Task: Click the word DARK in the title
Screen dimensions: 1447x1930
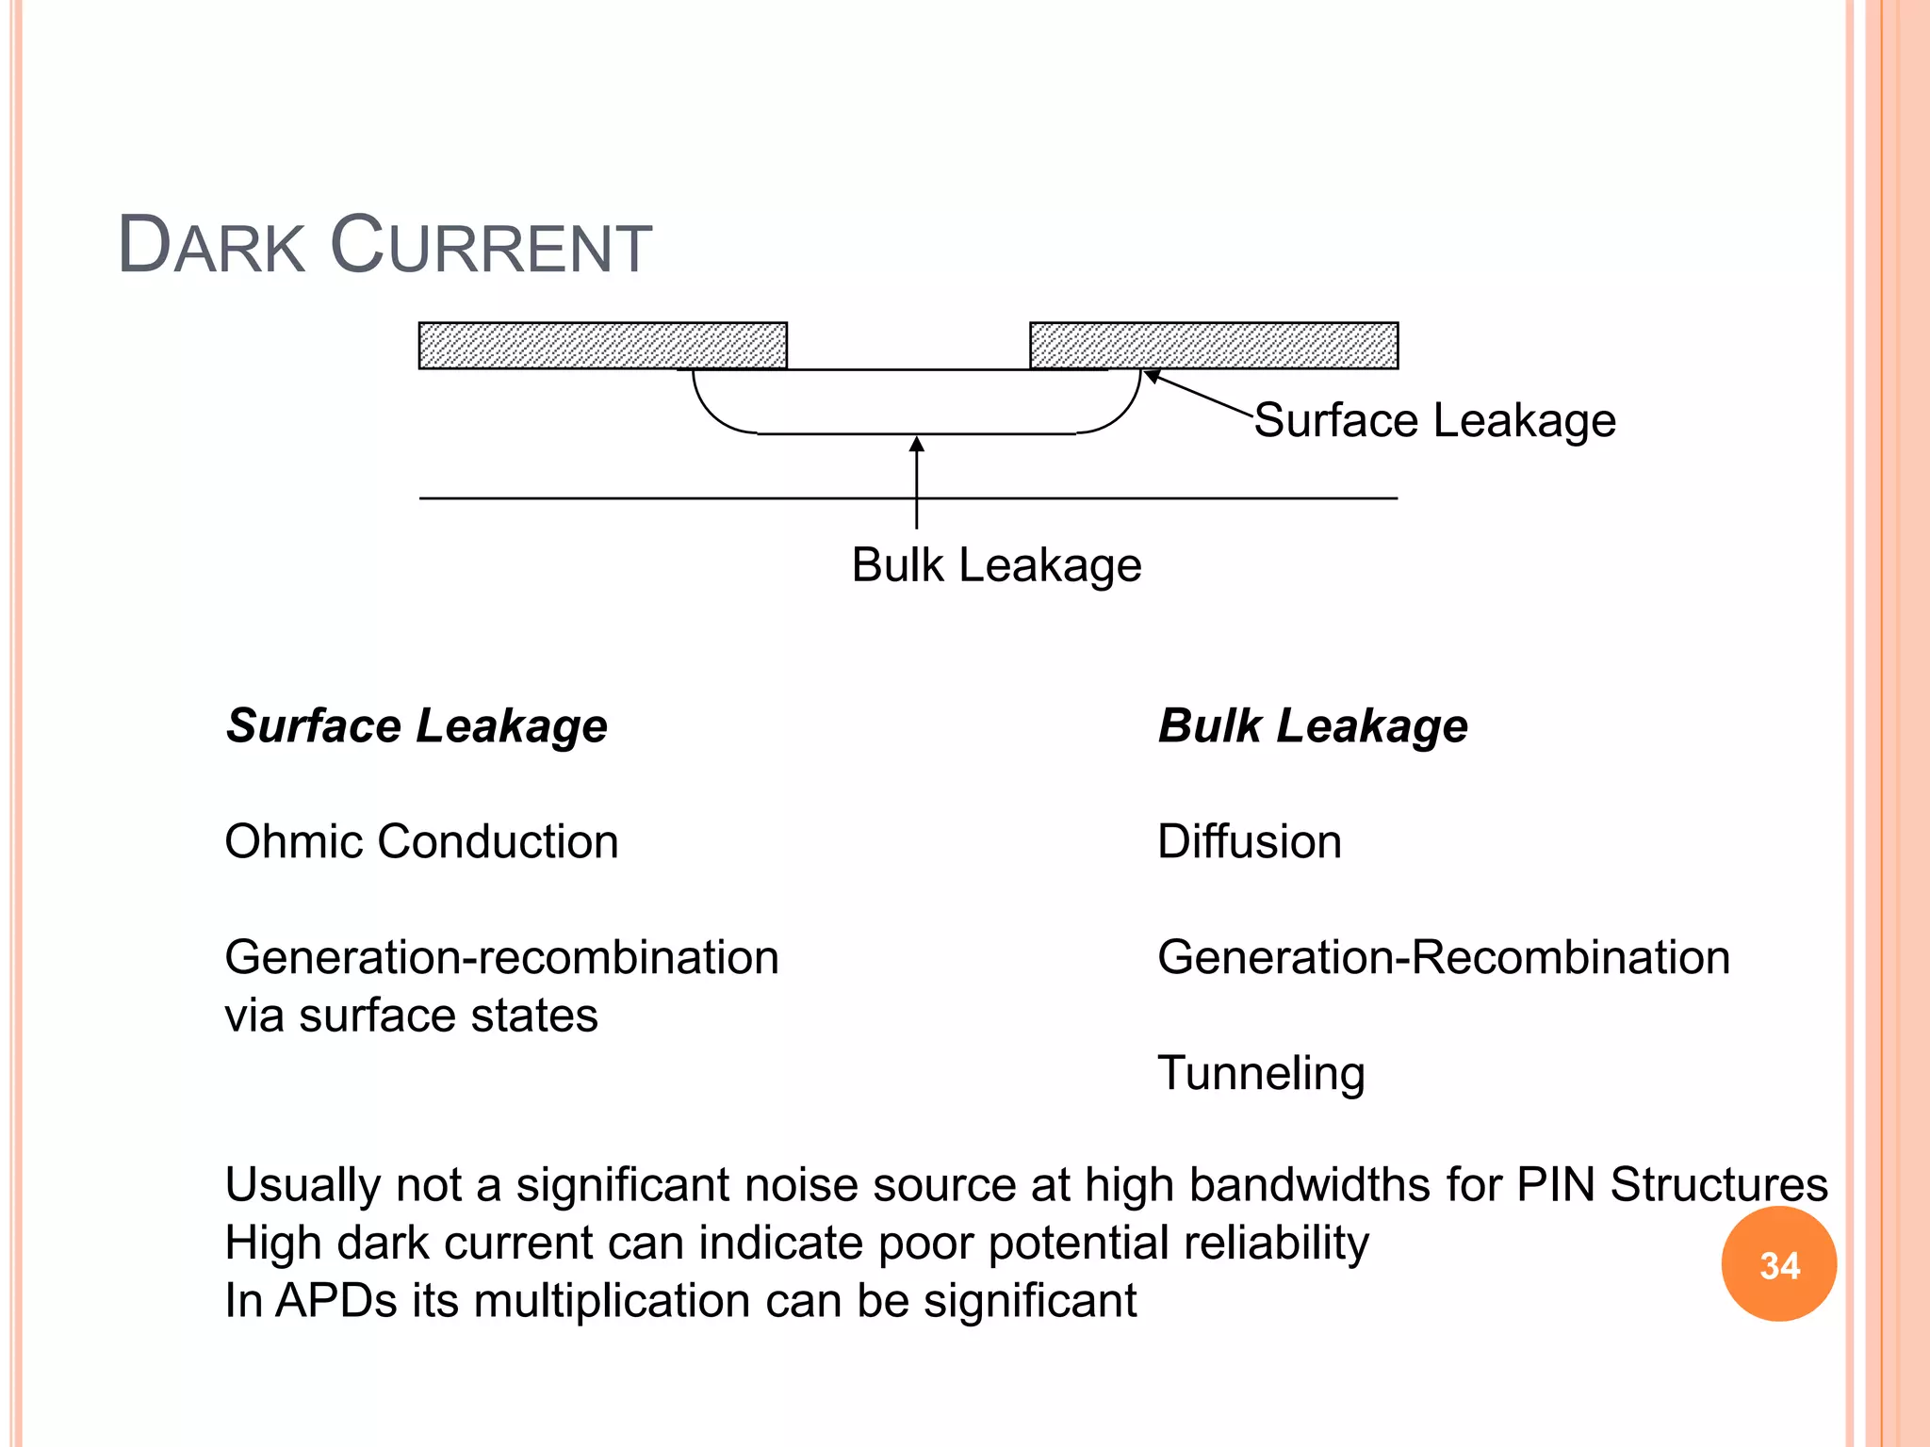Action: click(x=211, y=246)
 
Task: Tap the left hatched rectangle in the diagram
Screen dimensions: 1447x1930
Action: click(x=602, y=346)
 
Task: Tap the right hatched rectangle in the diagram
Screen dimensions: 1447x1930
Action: click(x=1214, y=346)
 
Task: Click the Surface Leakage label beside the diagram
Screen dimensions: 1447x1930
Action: click(x=1434, y=420)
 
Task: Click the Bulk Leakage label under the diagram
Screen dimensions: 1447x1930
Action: click(x=996, y=565)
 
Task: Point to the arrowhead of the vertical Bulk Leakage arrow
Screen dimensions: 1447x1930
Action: click(x=916, y=443)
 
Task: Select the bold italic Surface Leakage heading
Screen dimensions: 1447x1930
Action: click(x=417, y=726)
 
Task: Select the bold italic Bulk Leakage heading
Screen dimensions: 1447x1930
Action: click(x=1313, y=726)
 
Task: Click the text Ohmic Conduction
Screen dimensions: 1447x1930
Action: click(x=421, y=841)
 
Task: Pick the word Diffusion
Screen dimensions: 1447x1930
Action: click(x=1249, y=841)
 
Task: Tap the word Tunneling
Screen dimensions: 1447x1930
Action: click(x=1261, y=1074)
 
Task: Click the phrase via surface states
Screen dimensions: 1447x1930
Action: click(x=411, y=1016)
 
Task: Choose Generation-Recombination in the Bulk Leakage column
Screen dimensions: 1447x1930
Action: click(x=1443, y=957)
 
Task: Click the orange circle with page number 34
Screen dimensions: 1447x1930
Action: click(x=1778, y=1264)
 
